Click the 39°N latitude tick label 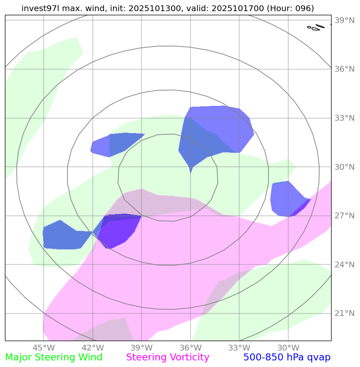[345, 21]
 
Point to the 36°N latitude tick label [345, 69]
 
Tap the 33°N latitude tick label [345, 118]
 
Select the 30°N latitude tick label [345, 167]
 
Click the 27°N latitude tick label [345, 216]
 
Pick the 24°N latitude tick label [345, 265]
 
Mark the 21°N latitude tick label [345, 313]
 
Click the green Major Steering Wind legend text [54, 358]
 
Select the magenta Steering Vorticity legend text [168, 358]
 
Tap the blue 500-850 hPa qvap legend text [287, 358]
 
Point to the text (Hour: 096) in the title [290, 8]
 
